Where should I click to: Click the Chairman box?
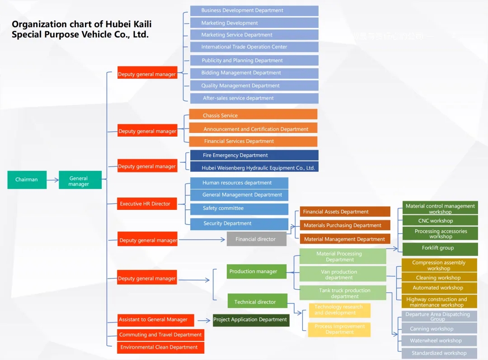(27, 180)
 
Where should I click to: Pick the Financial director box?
(256, 239)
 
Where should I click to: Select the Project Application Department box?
(251, 320)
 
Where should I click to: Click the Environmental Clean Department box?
(160, 347)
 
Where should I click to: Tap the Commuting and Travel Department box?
(160, 335)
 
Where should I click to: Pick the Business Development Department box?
(254, 10)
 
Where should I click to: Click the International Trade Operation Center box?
(254, 47)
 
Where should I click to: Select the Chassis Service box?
(253, 115)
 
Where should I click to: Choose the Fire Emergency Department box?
(254, 155)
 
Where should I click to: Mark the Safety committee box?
(239, 208)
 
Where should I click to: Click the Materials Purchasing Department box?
(345, 225)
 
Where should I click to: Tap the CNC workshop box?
(440, 221)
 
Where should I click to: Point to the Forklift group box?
(440, 248)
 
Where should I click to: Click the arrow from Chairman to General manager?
(52, 180)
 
